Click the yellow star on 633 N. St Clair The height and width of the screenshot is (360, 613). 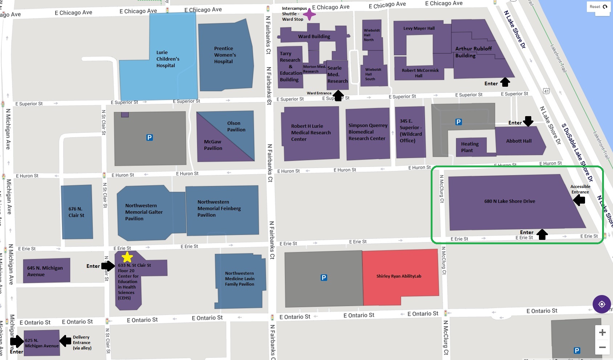tap(127, 257)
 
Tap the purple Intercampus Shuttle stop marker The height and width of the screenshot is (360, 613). tap(309, 15)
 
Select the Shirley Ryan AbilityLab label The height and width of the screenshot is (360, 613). tap(399, 276)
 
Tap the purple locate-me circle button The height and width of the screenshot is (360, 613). tap(601, 304)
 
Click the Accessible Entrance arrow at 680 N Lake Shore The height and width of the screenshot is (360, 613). tap(579, 200)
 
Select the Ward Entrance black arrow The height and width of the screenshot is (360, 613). tap(338, 95)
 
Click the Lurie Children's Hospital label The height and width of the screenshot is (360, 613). tap(167, 59)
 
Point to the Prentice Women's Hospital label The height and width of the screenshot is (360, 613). tap(225, 55)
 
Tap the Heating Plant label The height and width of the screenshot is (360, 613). tap(470, 147)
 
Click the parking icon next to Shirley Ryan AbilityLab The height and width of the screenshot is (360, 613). tap(324, 278)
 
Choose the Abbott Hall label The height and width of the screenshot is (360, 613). tap(519, 141)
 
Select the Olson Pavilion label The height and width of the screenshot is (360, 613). tap(236, 126)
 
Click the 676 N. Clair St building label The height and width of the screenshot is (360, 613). tap(76, 212)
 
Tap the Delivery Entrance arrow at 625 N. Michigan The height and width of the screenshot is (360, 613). tap(66, 340)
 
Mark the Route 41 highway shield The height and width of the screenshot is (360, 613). tap(546, 91)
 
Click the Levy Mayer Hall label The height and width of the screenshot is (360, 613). tap(419, 28)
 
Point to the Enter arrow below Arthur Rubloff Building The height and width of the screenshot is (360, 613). tap(505, 82)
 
